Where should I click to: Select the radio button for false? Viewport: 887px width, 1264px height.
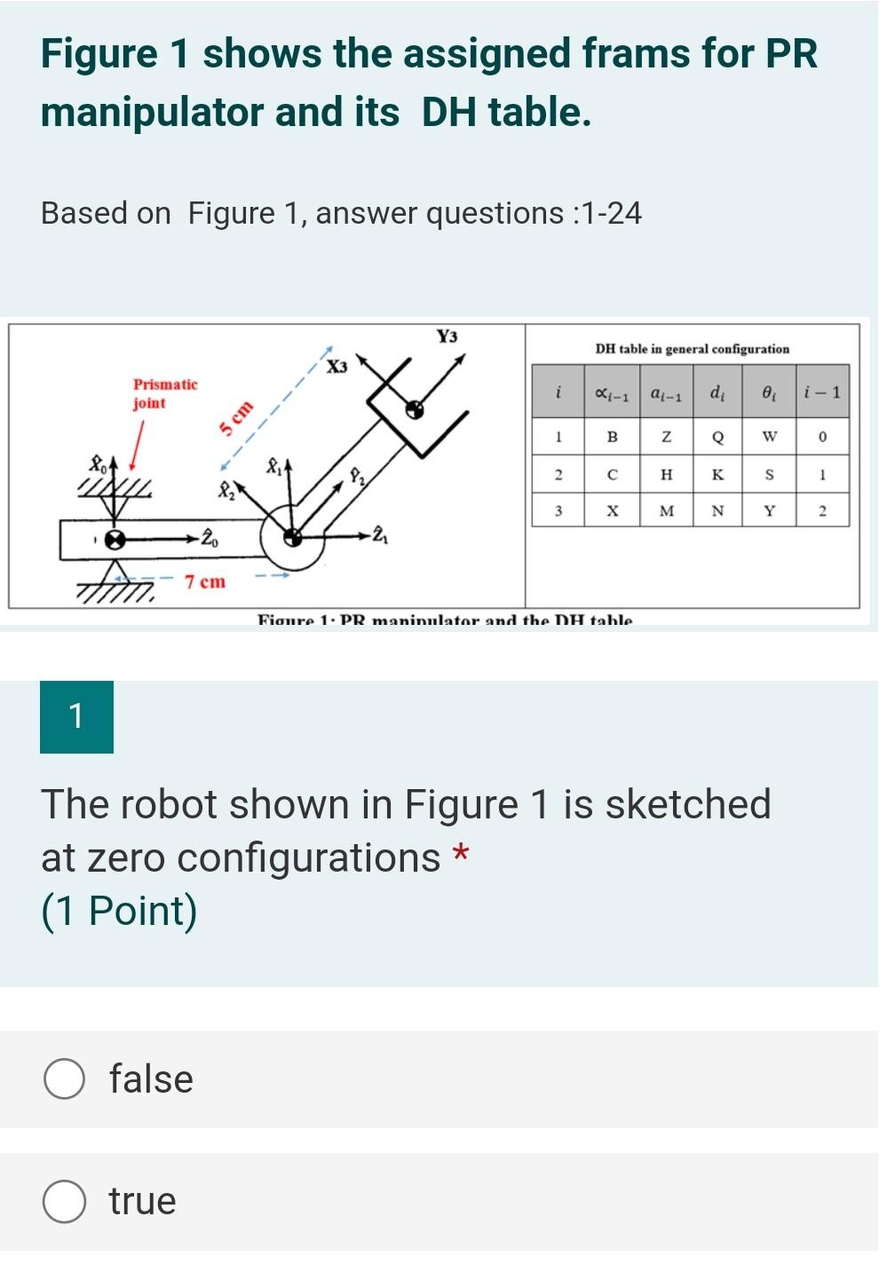coord(65,1078)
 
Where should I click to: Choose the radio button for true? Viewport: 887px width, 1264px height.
coord(65,1201)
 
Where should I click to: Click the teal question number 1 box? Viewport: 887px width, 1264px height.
coord(76,716)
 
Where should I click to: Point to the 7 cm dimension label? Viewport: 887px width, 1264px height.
coord(205,582)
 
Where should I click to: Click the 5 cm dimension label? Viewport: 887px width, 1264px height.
coord(236,418)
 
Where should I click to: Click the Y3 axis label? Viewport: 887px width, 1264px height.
coord(447,336)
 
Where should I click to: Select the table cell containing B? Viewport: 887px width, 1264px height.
coord(612,437)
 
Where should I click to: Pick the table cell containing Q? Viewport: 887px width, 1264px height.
coord(717,437)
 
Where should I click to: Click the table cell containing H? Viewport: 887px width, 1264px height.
coord(666,475)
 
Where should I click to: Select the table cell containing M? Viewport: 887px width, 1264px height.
coord(666,510)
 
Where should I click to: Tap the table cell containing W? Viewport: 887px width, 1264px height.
coord(769,437)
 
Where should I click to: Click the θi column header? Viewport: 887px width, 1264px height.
coord(769,391)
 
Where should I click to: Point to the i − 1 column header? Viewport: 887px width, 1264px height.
coord(821,391)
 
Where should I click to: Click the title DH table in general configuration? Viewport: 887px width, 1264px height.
coord(692,349)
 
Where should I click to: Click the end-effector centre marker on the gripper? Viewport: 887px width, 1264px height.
coord(414,409)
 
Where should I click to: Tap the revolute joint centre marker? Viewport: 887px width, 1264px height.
coord(291,536)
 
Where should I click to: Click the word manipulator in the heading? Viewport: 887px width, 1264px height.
coord(152,113)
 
